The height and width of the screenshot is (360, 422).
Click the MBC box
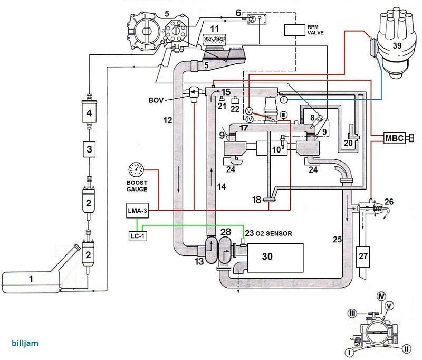(394, 138)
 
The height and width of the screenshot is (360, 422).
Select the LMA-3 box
(137, 210)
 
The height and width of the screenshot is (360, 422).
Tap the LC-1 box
(138, 236)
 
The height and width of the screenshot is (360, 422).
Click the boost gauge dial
(136, 170)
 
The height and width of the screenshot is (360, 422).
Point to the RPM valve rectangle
(294, 30)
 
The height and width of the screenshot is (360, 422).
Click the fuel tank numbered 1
(31, 281)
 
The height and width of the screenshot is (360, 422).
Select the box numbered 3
(89, 149)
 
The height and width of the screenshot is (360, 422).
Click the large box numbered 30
(275, 258)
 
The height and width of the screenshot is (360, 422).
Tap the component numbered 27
(363, 257)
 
